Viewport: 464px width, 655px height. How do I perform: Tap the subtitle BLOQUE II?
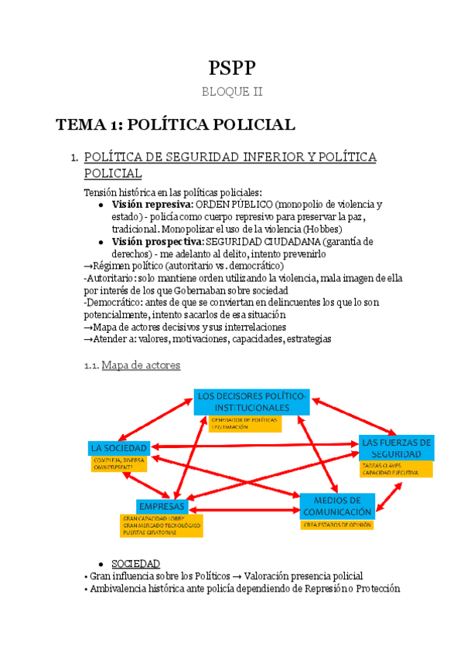pos(232,92)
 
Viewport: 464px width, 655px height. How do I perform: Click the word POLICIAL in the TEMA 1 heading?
pos(253,124)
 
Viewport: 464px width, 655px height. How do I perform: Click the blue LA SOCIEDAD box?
pos(117,448)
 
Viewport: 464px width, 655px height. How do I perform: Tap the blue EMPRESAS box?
pos(161,506)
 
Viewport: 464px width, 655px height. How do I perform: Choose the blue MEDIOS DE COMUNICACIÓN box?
pos(338,506)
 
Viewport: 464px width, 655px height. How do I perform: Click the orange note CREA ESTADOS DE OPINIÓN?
pos(337,524)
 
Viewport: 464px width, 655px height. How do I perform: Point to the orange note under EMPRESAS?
pos(161,525)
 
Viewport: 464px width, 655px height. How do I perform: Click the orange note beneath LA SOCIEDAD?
pos(118,463)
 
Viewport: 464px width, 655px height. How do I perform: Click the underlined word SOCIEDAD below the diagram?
pos(135,564)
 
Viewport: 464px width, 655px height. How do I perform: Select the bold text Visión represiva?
pos(152,205)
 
